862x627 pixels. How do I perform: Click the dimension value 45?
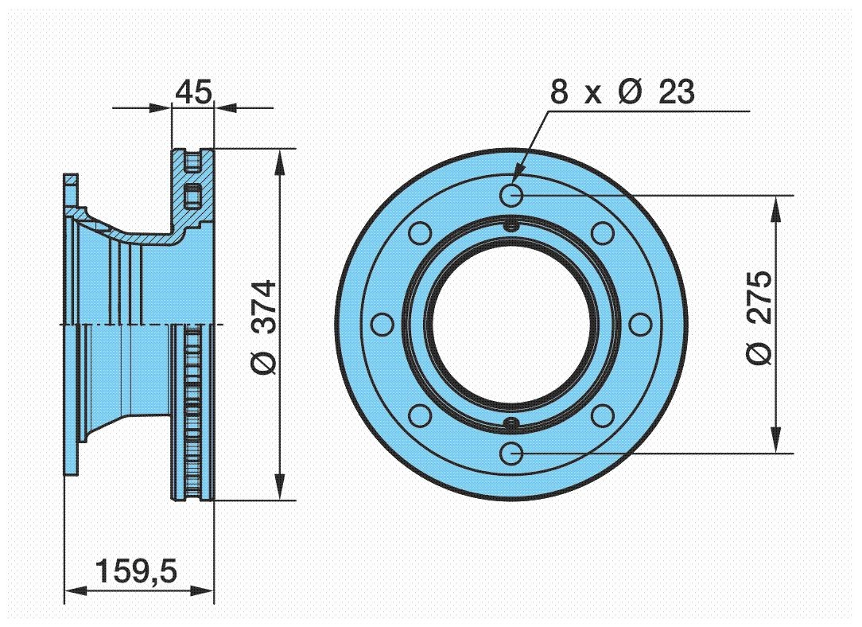[194, 92]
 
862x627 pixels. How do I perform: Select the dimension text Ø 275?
[759, 317]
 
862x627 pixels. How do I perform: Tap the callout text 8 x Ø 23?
[623, 92]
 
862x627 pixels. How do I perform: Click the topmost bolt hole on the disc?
[512, 193]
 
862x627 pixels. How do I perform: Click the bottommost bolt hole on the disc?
[512, 454]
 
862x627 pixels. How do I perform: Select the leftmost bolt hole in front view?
[382, 324]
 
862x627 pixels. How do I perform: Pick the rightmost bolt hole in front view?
[642, 324]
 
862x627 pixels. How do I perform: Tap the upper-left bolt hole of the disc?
[420, 232]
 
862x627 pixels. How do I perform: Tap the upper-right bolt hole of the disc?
[604, 232]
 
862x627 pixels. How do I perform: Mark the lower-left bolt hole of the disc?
[420, 415]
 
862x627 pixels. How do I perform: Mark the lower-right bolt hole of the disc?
[604, 415]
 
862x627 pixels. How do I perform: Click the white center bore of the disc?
[512, 324]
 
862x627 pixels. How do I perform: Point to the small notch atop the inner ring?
[512, 225]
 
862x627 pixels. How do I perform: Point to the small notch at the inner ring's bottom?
[512, 423]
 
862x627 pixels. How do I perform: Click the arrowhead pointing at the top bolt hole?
[518, 176]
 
